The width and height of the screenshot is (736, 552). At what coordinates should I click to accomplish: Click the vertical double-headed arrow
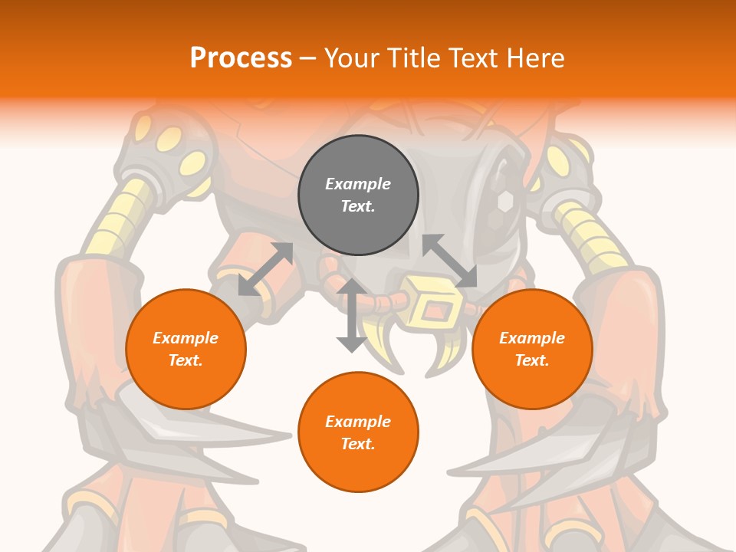tap(352, 315)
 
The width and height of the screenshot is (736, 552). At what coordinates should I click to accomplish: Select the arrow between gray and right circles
tap(450, 261)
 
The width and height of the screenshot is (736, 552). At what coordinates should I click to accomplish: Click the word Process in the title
tap(241, 58)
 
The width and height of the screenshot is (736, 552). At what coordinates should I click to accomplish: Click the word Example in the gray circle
tap(358, 184)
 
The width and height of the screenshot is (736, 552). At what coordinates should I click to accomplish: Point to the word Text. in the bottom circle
tap(358, 444)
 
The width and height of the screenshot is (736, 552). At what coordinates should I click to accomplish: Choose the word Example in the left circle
tap(186, 338)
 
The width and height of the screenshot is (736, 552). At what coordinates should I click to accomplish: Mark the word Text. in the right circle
tap(532, 360)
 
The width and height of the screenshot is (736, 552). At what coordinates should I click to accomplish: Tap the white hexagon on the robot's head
tap(505, 202)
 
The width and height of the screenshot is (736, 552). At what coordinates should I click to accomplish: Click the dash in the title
tap(307, 58)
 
